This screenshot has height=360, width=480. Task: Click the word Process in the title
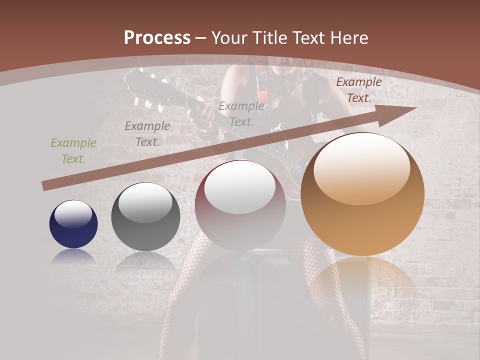(x=157, y=37)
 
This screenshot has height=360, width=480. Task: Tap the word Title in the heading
(x=271, y=37)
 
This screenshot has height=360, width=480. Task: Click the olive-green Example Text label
(x=73, y=151)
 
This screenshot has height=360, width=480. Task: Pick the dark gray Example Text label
(x=147, y=134)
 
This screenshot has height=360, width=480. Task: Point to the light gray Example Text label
(x=241, y=114)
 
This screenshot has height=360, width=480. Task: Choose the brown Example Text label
(x=359, y=90)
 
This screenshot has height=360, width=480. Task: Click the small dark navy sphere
(x=73, y=224)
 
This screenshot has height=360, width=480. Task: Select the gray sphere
(x=145, y=216)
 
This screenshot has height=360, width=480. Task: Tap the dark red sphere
(x=240, y=205)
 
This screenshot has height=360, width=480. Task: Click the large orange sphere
(x=362, y=194)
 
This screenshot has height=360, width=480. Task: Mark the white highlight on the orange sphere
(x=362, y=167)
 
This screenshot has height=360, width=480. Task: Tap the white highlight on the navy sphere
(x=73, y=214)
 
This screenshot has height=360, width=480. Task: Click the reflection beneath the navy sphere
(x=73, y=256)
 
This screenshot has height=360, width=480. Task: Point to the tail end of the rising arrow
(x=45, y=186)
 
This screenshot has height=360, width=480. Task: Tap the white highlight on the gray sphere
(x=145, y=202)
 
